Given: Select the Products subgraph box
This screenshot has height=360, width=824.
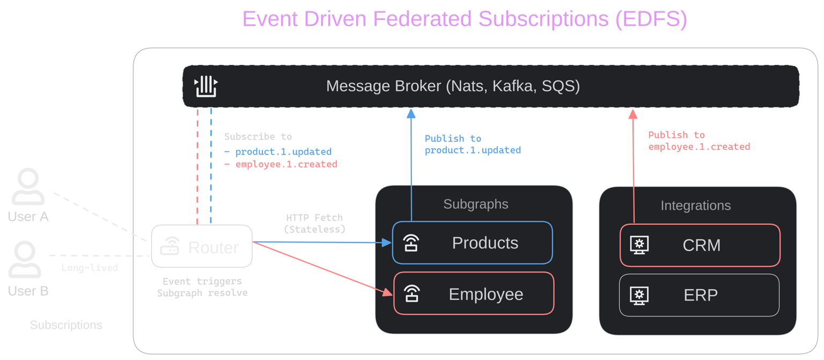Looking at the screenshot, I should point(472,243).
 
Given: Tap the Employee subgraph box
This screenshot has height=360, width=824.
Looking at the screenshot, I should point(474,293).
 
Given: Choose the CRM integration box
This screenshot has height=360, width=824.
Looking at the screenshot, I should point(700,245).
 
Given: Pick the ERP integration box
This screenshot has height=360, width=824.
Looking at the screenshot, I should point(700,295).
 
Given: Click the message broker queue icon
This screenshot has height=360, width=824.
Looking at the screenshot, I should point(205,86).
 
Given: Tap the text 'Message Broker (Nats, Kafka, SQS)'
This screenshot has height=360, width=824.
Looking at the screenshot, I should point(453,86).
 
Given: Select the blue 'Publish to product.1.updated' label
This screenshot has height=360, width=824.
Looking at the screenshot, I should point(473,145).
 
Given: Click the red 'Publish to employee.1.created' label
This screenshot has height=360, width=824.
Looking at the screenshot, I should point(698,141).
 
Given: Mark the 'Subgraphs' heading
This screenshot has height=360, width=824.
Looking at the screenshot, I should point(475,204).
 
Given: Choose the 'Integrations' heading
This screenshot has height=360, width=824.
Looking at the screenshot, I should point(695,205).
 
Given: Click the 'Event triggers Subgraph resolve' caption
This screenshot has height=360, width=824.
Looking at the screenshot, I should point(202,287).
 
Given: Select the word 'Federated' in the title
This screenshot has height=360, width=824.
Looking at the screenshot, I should point(422,19).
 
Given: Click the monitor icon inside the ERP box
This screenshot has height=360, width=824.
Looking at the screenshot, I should point(639,295).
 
